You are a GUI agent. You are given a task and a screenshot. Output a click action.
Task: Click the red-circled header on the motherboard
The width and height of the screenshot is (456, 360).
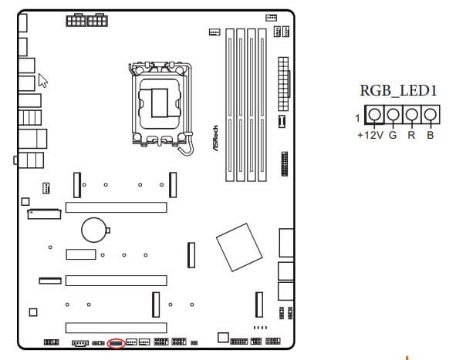tap(116, 344)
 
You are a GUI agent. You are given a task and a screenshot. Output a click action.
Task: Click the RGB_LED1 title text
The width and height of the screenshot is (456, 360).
tap(398, 90)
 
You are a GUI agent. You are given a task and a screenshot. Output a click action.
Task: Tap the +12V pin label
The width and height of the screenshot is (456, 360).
tap(370, 135)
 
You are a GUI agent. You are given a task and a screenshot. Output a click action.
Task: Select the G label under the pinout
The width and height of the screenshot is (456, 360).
tap(393, 135)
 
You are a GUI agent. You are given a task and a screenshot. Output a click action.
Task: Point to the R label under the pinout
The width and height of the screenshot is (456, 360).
tap(411, 135)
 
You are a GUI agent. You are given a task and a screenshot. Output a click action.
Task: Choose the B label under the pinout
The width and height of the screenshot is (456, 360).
tap(430, 135)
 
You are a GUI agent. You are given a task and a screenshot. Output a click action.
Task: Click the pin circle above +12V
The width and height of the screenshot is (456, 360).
tap(374, 114)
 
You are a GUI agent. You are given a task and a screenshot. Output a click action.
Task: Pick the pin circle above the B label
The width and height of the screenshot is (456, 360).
tap(430, 114)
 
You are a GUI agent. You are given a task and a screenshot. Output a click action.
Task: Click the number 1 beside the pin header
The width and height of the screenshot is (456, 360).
tap(357, 118)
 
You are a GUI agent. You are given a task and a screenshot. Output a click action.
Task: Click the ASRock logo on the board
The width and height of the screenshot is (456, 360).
tap(215, 138)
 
